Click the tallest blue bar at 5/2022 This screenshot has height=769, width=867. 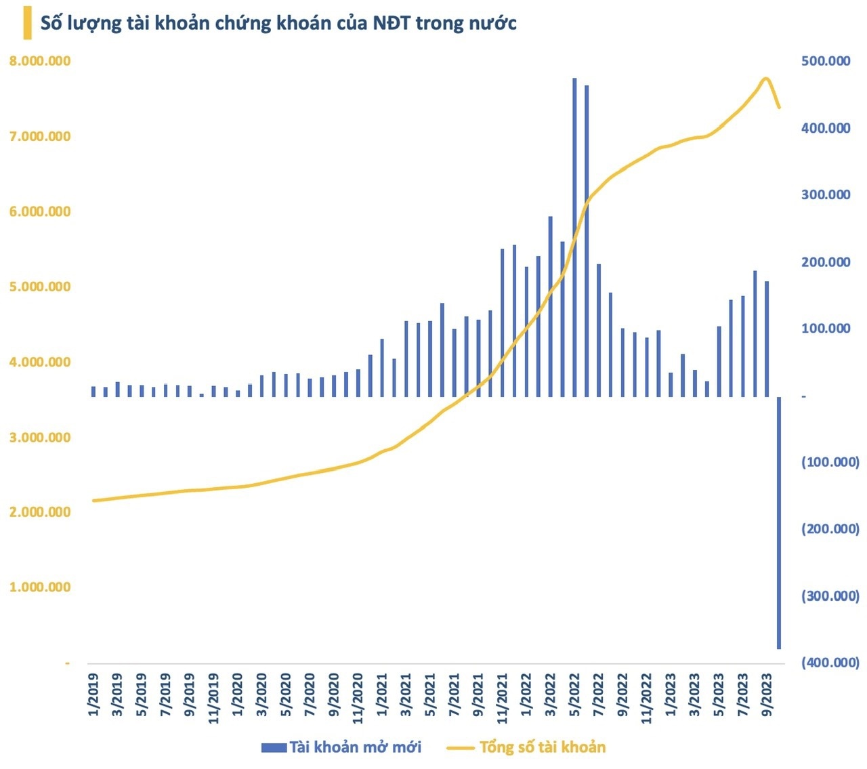point(574,237)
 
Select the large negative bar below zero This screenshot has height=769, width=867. point(779,522)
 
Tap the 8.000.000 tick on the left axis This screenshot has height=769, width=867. point(40,61)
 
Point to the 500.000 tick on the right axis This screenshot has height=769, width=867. point(826,61)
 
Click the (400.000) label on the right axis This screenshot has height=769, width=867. point(830,663)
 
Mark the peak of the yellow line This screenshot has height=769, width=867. point(765,79)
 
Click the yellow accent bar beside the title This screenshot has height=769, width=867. point(27,22)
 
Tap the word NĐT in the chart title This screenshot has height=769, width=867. point(389,23)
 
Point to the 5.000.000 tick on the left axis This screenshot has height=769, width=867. point(40,287)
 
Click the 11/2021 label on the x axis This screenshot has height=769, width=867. point(503,698)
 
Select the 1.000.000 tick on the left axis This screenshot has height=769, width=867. point(40,587)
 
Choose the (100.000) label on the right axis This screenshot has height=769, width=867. point(830,462)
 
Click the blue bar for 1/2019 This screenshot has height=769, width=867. point(93,391)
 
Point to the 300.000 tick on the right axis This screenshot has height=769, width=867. point(826,194)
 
